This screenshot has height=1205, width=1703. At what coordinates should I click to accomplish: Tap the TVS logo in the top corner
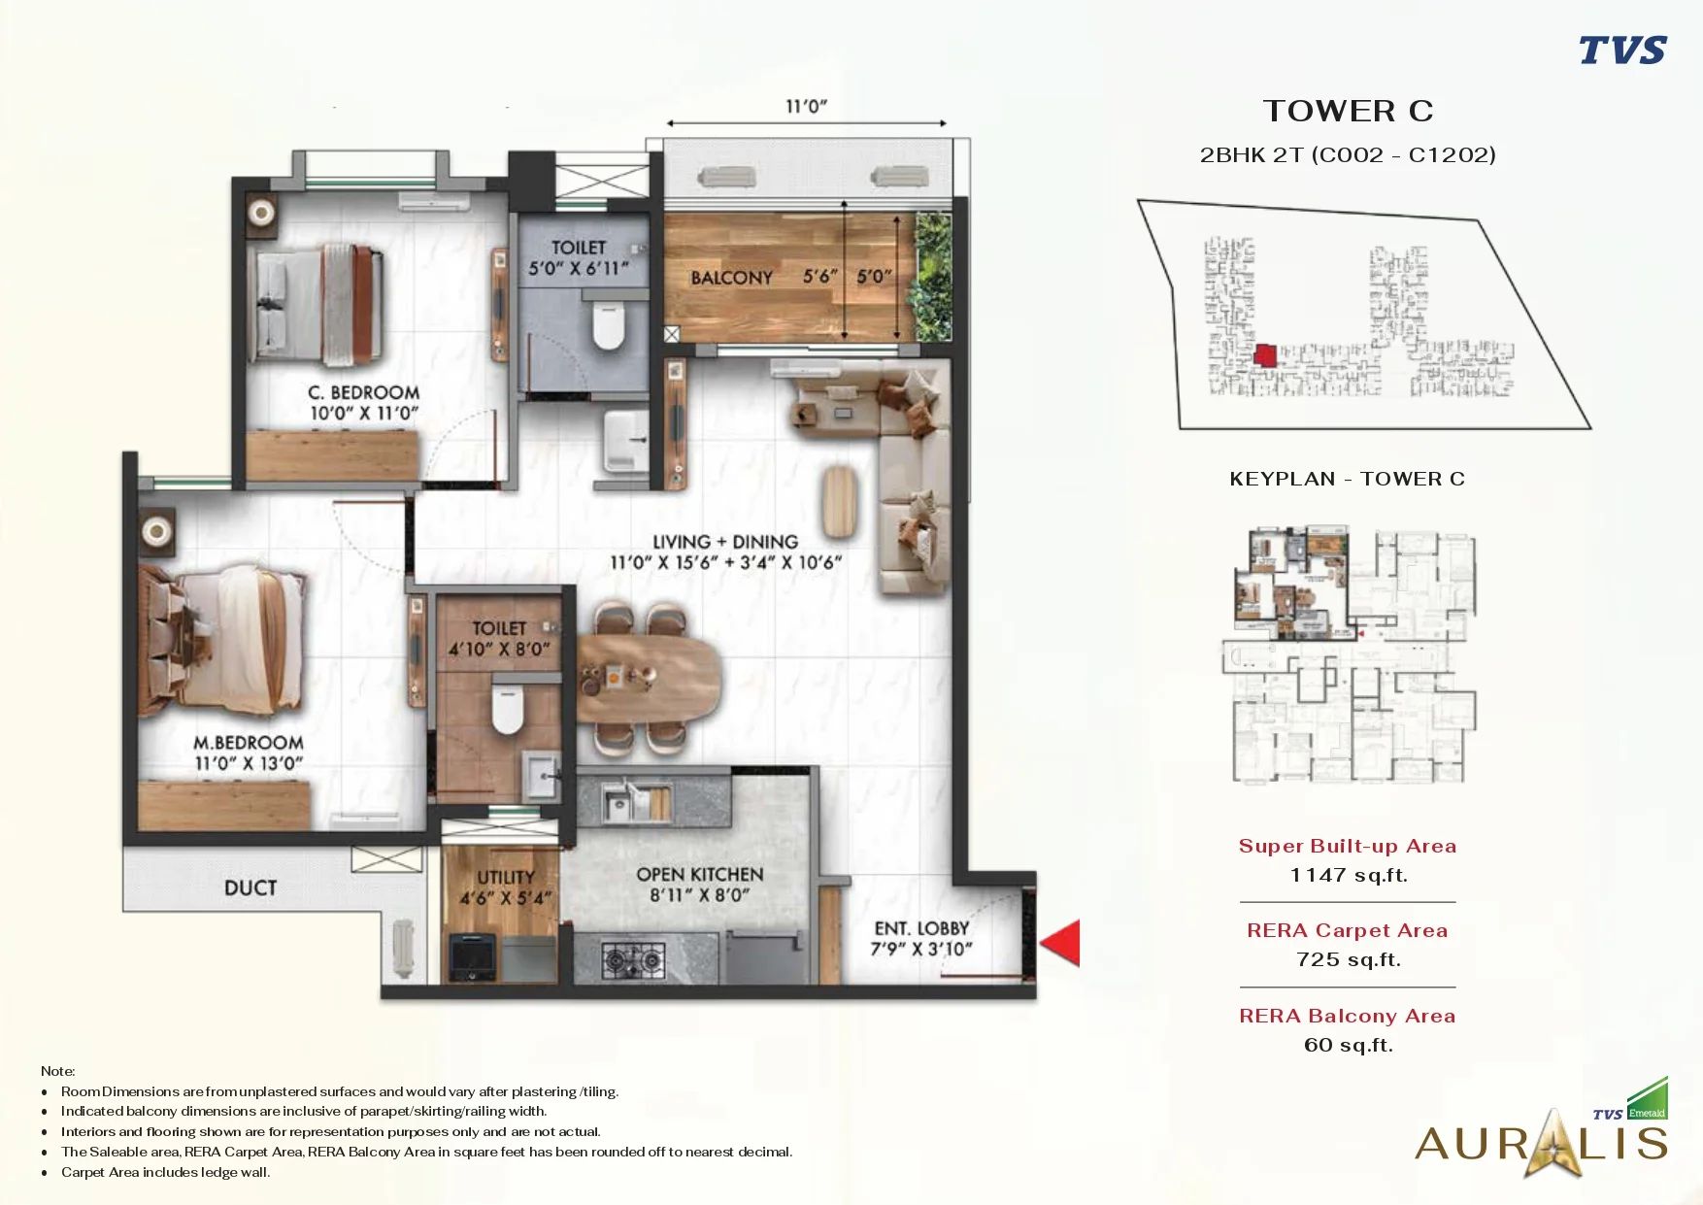pos(1622,50)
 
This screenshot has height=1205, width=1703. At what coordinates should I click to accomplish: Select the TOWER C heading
pos(1348,111)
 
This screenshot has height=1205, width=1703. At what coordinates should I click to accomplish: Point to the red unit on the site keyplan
pos(1264,354)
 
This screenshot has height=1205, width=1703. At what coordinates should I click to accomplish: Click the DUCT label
pos(250,887)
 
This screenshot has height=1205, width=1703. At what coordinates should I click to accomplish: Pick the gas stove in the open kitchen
pos(633,959)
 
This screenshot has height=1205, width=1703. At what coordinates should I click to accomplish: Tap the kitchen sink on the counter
pos(618,803)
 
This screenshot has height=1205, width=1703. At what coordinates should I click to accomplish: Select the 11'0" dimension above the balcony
pos(806,106)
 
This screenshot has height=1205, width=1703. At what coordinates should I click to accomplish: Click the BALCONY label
pos(731,278)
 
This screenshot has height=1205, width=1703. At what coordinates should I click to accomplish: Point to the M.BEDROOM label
pos(249,743)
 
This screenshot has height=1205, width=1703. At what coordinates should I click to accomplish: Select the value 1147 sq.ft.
pos(1349,875)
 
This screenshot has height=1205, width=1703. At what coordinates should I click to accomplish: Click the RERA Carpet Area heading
pos(1348,930)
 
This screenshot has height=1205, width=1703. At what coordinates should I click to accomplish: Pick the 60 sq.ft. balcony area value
pos(1349,1045)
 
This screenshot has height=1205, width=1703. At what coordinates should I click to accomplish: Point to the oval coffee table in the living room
pos(838,501)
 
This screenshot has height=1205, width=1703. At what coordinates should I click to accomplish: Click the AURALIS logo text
pos(1542,1143)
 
